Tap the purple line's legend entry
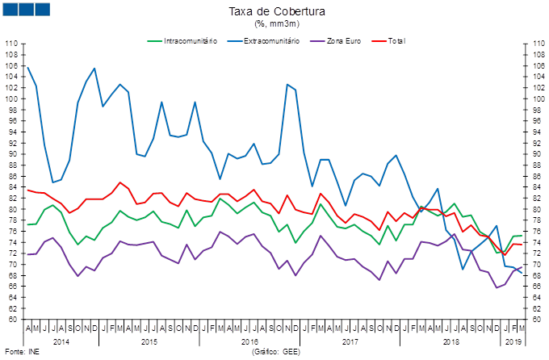[338, 40]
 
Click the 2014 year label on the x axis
[60, 341]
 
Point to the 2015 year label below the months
[150, 341]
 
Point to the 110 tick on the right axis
[536, 43]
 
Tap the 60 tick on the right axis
[536, 319]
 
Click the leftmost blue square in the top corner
[10, 9]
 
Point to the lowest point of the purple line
[497, 287]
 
